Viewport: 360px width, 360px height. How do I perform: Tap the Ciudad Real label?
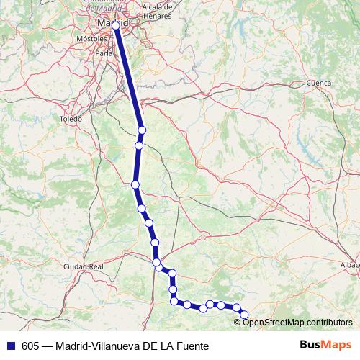coord(84,266)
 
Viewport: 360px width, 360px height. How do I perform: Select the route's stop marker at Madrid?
coord(116,25)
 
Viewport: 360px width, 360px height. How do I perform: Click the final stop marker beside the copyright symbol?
coord(244,314)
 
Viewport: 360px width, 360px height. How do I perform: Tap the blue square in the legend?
coord(10,346)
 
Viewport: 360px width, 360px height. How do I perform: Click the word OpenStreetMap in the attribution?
coord(274,323)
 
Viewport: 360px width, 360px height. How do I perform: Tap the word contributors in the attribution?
coord(328,323)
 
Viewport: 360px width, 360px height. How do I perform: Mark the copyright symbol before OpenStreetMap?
coord(238,323)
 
